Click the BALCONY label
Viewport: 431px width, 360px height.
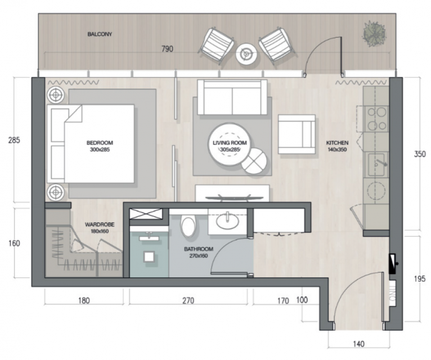tap(100, 34)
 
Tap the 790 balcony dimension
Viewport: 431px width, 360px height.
tap(167, 49)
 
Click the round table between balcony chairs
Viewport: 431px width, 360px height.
tap(246, 54)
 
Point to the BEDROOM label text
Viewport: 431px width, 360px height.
tap(100, 143)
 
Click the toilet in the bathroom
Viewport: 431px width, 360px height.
tap(188, 226)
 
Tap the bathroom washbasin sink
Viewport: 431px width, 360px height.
tap(227, 222)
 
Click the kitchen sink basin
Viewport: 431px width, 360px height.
tap(376, 164)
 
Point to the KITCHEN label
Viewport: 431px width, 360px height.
tap(337, 143)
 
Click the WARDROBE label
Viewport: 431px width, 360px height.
tap(100, 224)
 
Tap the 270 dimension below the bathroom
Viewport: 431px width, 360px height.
tap(188, 300)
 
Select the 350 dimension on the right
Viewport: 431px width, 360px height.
tap(420, 154)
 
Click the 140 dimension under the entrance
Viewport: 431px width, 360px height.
tap(359, 344)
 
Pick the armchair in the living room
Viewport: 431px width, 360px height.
tap(297, 134)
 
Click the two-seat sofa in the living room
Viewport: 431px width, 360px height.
tap(232, 97)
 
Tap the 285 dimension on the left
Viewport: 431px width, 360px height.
tap(14, 140)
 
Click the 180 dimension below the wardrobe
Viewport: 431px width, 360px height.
tap(84, 300)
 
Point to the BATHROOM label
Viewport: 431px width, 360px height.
tap(199, 249)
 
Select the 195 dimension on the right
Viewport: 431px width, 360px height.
tap(420, 278)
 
